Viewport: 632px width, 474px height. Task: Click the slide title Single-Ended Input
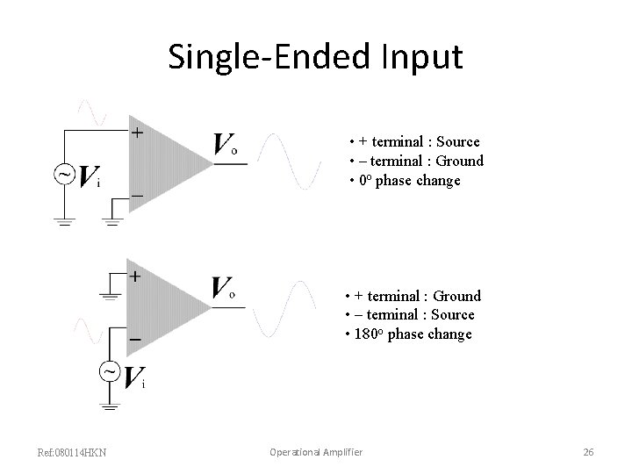(315, 56)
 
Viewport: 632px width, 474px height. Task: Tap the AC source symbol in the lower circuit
(110, 372)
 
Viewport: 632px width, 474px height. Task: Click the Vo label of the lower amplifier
(225, 289)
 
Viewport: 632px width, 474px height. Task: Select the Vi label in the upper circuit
(89, 178)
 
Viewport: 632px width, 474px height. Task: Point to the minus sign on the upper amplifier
(137, 195)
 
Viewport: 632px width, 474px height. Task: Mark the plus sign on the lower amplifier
(135, 276)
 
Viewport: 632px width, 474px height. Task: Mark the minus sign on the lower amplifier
(135, 337)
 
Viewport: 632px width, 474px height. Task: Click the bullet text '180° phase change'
(409, 334)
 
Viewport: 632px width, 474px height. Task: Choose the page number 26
(588, 452)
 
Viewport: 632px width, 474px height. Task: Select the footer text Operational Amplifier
(315, 452)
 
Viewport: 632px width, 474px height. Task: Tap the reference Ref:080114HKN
(73, 452)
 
